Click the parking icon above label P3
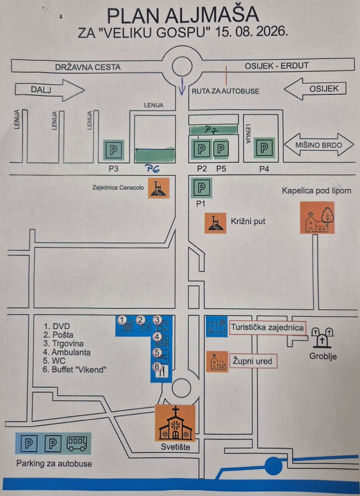click(x=114, y=150)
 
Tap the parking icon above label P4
click(x=264, y=148)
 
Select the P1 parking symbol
click(x=201, y=187)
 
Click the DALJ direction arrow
click(x=50, y=90)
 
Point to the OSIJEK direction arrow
click(x=315, y=89)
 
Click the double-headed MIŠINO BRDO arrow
click(x=319, y=145)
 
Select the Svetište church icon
click(x=175, y=423)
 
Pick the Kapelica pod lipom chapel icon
click(x=317, y=218)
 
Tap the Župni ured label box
click(x=253, y=361)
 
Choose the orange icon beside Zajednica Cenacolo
click(x=159, y=188)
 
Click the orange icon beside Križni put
click(x=215, y=223)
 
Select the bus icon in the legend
click(x=76, y=443)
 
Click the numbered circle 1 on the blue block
click(x=121, y=320)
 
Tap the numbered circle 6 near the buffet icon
click(x=157, y=367)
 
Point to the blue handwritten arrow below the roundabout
click(x=181, y=86)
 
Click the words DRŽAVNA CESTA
click(x=88, y=67)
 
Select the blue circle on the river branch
click(x=273, y=466)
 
